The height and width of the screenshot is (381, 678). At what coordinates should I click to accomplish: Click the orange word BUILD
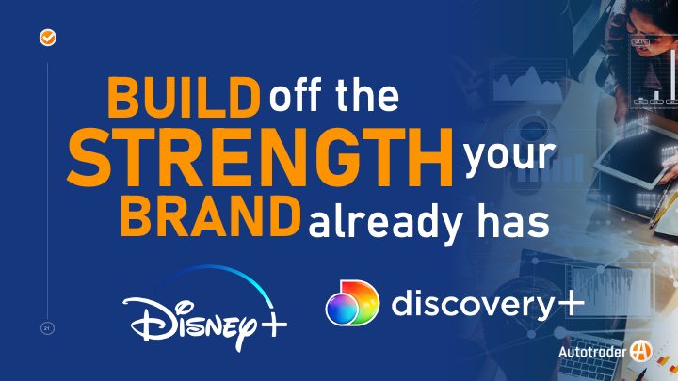pos(184,97)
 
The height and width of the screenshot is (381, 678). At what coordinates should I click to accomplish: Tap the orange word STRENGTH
pos(260,157)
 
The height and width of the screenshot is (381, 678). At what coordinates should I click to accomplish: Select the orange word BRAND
pos(210,215)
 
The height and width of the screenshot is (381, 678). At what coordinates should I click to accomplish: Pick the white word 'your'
pos(509,156)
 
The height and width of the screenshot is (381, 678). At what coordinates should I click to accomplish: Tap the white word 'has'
pos(513,222)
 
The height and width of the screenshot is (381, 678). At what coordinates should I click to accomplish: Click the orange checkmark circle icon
pos(48,38)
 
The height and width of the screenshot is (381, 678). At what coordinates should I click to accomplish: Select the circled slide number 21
pos(47,328)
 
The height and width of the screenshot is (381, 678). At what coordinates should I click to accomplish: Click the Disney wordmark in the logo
pos(190,322)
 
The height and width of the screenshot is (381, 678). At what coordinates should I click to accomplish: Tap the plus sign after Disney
pos(274,324)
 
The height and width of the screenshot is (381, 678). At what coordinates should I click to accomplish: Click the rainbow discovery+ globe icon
pos(352,302)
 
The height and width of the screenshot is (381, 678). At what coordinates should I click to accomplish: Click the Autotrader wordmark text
pos(592,352)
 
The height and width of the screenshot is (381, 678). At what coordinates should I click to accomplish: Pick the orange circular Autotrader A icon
pos(641,351)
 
